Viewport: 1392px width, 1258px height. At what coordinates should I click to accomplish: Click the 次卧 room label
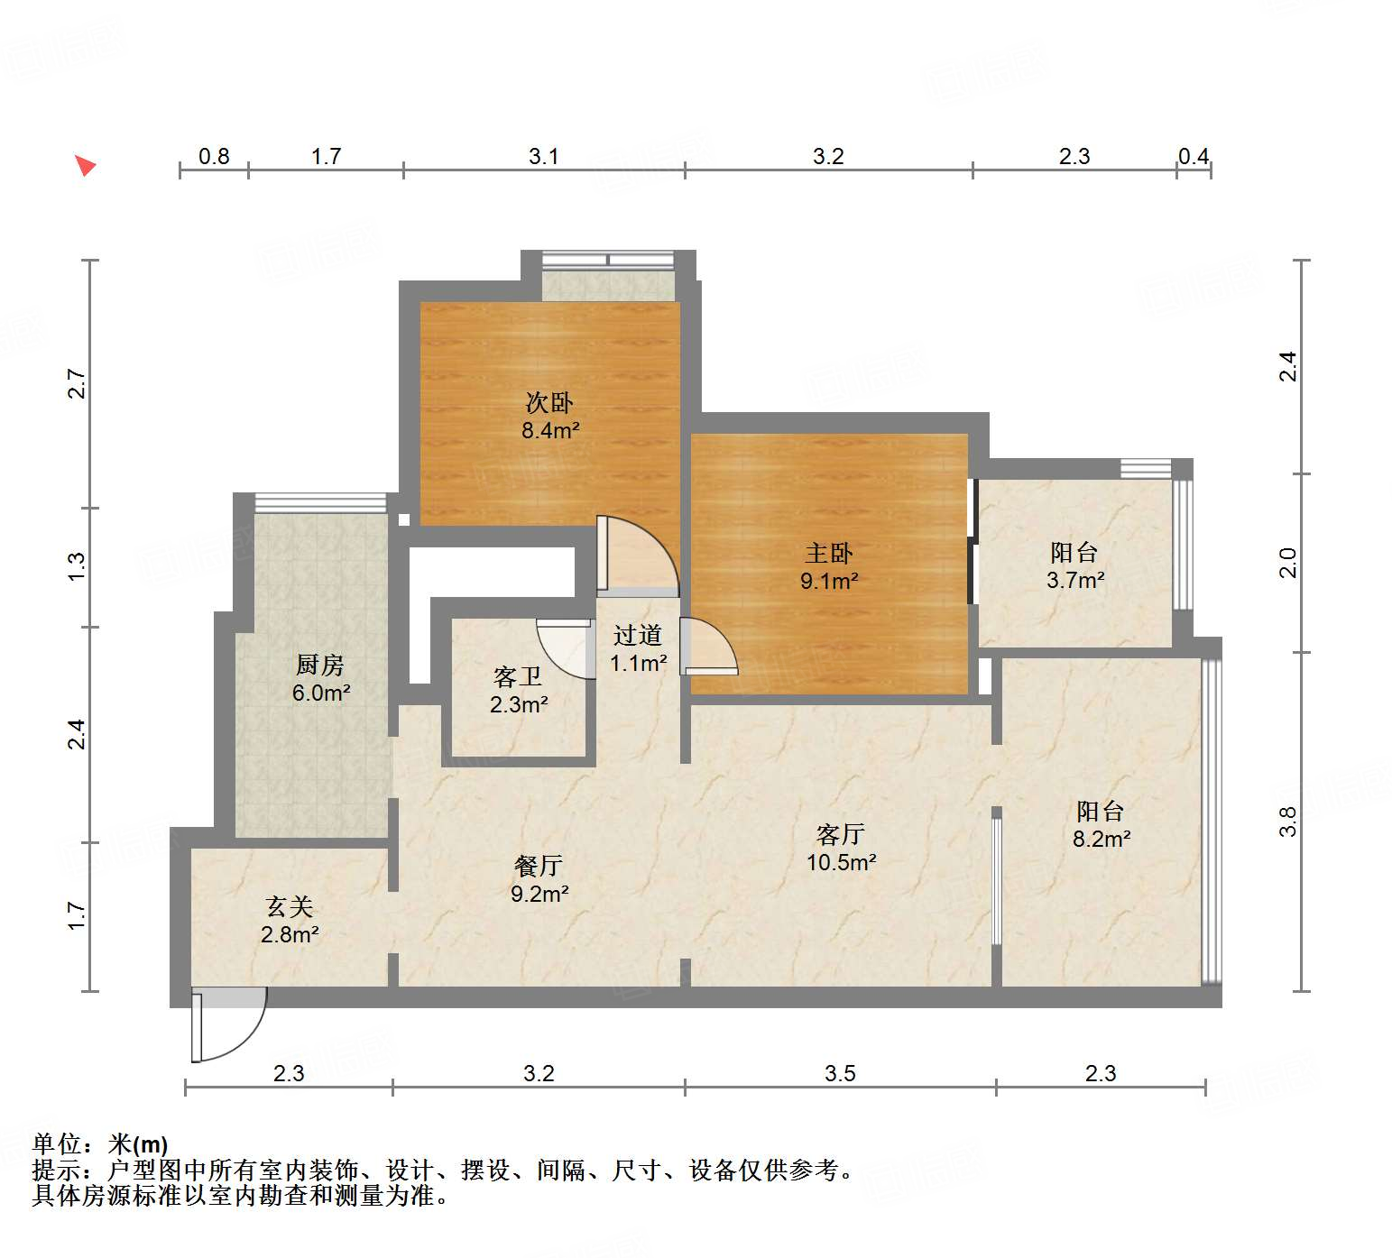[x=549, y=402]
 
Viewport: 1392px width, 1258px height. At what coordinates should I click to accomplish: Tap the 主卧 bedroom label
[x=828, y=553]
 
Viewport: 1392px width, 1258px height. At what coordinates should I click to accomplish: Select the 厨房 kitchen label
[x=320, y=665]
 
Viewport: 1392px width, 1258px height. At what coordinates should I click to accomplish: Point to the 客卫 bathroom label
[x=518, y=676]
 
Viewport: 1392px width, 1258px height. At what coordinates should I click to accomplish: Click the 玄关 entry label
[x=289, y=906]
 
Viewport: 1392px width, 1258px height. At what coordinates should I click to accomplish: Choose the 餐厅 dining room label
[x=539, y=866]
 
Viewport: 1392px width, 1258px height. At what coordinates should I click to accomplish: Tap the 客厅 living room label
[x=840, y=834]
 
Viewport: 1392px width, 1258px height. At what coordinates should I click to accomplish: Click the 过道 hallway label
[x=638, y=635]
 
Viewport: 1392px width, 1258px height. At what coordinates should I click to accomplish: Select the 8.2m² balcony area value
[x=1102, y=839]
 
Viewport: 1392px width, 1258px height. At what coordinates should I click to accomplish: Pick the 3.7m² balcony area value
[x=1075, y=580]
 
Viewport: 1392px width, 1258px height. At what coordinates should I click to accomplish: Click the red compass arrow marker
[x=85, y=165]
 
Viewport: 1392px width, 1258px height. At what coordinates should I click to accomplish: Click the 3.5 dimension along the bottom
[x=840, y=1073]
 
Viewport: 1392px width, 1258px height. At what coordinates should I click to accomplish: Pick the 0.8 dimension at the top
[x=214, y=156]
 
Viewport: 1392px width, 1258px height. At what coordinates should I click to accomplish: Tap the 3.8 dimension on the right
[x=1287, y=821]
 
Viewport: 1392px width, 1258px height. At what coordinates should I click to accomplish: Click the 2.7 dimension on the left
[x=78, y=384]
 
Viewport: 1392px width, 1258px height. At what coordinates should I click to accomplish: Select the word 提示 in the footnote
[x=56, y=1171]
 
